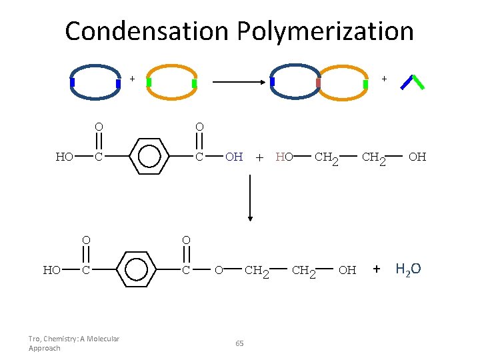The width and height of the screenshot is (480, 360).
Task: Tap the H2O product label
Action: (408, 270)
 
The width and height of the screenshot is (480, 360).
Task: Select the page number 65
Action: (240, 343)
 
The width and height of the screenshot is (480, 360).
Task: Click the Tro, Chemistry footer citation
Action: (73, 343)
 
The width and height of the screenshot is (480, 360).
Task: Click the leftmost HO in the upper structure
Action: (65, 157)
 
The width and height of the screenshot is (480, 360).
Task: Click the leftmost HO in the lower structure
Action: (52, 270)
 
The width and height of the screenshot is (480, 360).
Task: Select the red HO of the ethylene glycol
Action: (285, 157)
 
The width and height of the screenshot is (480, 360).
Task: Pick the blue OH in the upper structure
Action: (234, 157)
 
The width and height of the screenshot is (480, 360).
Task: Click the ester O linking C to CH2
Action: (218, 270)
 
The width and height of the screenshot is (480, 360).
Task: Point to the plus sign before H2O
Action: (377, 269)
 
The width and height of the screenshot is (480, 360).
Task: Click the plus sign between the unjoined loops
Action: (132, 79)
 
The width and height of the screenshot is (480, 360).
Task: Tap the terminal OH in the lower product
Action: (347, 270)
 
